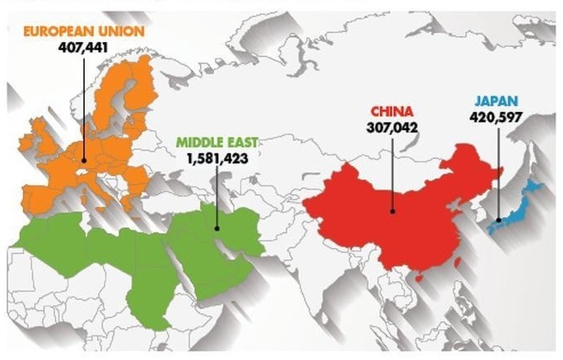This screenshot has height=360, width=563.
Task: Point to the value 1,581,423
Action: pos(217,157)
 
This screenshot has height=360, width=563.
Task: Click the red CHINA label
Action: pos(392,111)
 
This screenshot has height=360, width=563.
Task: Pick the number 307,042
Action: pos(392,127)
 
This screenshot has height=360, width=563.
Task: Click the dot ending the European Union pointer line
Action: pos(85,160)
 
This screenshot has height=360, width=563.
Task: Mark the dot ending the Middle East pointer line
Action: pos(216,229)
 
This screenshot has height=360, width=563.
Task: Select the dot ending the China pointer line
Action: pos(393,211)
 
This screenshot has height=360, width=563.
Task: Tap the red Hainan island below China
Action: pos(418,278)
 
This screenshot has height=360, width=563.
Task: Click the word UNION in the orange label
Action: pos(123,31)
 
